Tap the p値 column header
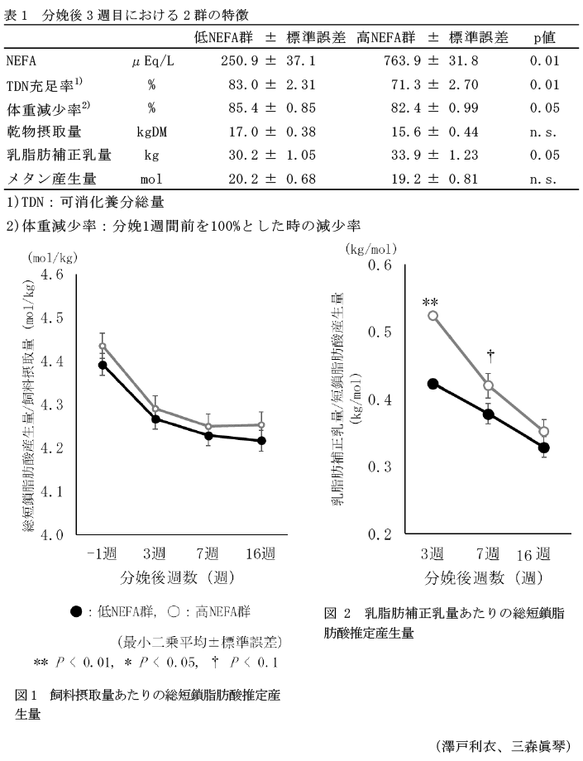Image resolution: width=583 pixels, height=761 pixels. pyautogui.click(x=543, y=37)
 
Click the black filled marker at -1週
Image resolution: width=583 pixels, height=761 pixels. pyautogui.click(x=103, y=365)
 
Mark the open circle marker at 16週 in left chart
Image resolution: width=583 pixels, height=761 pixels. pyautogui.click(x=261, y=425)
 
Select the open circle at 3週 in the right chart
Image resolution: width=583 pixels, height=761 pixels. pyautogui.click(x=432, y=316)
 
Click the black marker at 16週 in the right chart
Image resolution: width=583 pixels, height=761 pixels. pyautogui.click(x=543, y=448)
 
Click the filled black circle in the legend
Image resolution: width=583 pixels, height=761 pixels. pyautogui.click(x=76, y=612)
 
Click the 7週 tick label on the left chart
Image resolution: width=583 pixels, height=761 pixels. pyautogui.click(x=207, y=553)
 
